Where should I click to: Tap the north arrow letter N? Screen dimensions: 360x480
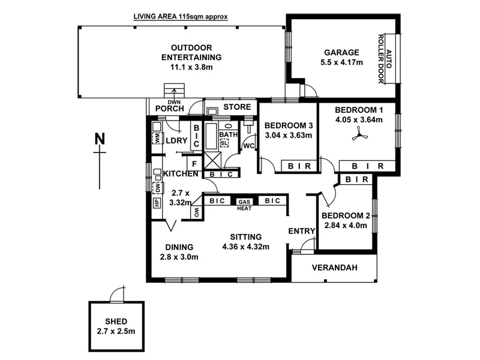point(100,139)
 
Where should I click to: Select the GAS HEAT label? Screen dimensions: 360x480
point(244,205)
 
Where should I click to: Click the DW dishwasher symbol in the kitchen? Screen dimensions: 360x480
point(157,188)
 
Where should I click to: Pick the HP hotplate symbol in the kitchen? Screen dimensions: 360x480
point(157,202)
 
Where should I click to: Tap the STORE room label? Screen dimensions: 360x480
point(236,107)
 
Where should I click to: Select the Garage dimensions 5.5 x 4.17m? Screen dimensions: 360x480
point(341,62)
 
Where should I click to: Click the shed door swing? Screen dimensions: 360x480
point(117,294)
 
